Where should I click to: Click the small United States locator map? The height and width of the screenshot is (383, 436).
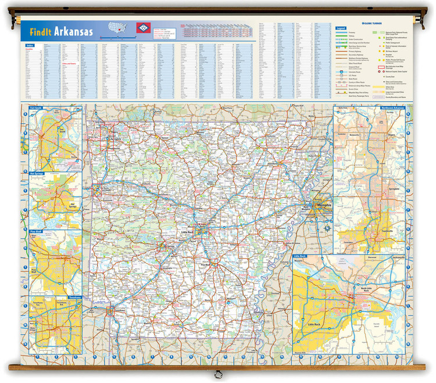[x=118, y=27]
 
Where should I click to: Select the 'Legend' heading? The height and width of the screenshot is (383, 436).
[x=341, y=27]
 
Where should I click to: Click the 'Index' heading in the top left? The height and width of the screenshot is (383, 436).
[x=30, y=45]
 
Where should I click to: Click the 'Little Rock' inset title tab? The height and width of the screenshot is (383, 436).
[x=300, y=255]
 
